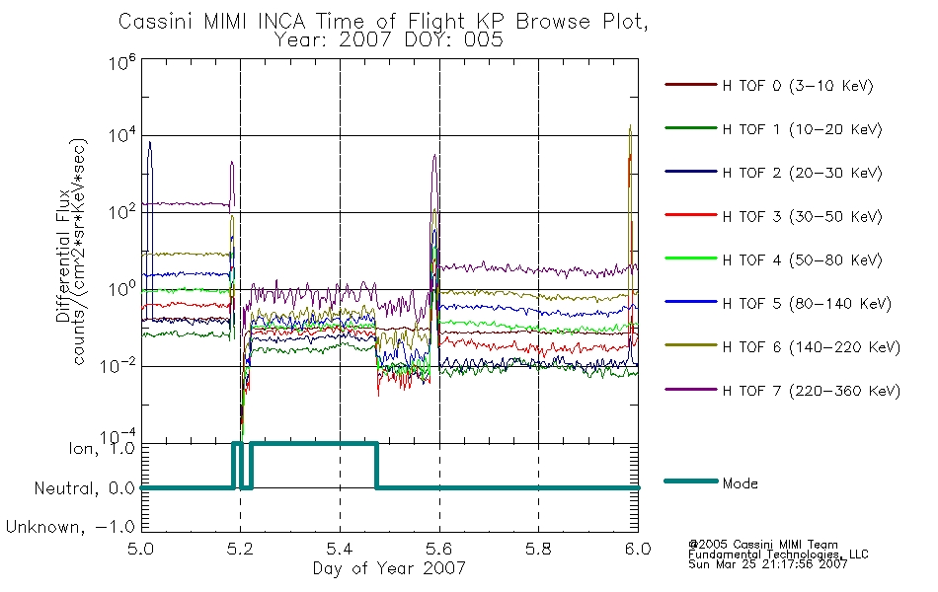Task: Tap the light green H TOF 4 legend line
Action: click(x=691, y=259)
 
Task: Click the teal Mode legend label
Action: click(x=740, y=483)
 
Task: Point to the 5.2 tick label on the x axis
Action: click(x=241, y=549)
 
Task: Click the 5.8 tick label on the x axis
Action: click(x=538, y=549)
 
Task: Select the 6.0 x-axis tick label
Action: click(x=638, y=549)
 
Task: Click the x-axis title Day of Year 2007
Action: click(x=389, y=568)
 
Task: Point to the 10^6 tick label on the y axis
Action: click(x=122, y=62)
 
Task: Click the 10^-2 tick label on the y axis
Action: click(x=117, y=365)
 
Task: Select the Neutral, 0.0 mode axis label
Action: click(x=84, y=488)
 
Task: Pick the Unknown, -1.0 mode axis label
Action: click(x=70, y=527)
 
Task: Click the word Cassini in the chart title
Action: click(x=156, y=22)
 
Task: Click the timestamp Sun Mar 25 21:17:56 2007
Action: click(x=767, y=564)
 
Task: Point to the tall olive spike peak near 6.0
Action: click(x=630, y=125)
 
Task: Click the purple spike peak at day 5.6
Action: click(x=434, y=156)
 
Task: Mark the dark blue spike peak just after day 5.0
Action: click(x=149, y=142)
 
